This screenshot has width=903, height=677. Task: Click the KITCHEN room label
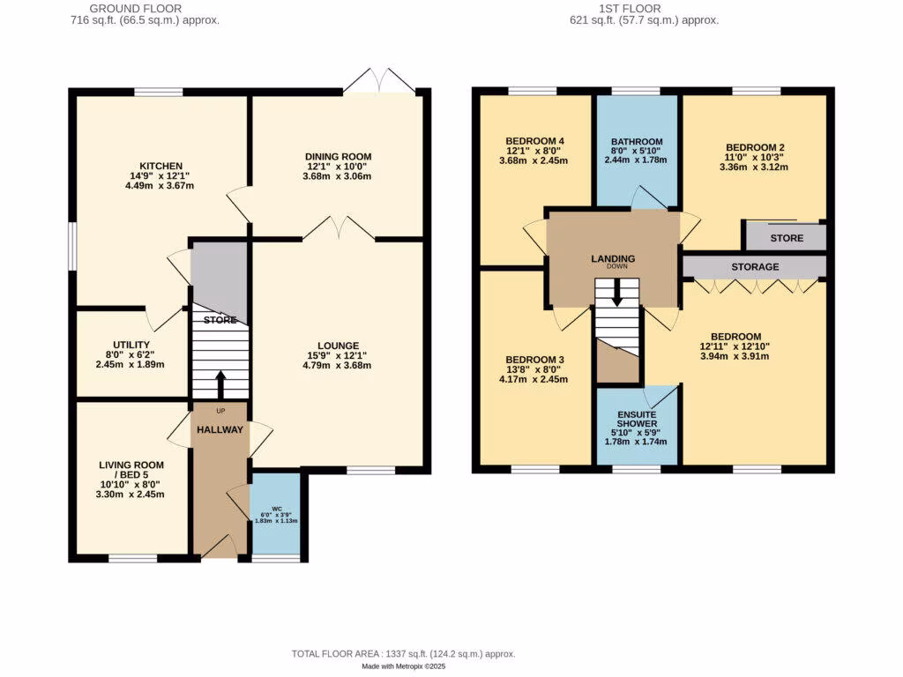pyautogui.click(x=160, y=166)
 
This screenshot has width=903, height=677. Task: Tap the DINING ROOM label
pyautogui.click(x=334, y=156)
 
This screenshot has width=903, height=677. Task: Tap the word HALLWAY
pyautogui.click(x=220, y=429)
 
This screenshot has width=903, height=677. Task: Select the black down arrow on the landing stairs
pyautogui.click(x=617, y=293)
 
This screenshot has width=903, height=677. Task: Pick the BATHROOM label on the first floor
pyautogui.click(x=636, y=142)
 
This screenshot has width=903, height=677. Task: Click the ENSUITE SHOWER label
pyautogui.click(x=636, y=418)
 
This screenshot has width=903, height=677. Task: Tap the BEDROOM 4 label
pyautogui.click(x=534, y=141)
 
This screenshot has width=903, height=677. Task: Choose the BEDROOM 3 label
pyautogui.click(x=534, y=360)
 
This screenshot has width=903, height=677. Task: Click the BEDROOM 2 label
pyautogui.click(x=754, y=147)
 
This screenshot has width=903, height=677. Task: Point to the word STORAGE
pyautogui.click(x=754, y=267)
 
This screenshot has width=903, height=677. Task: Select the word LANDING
pyautogui.click(x=613, y=258)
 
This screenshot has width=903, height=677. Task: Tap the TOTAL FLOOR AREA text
pyautogui.click(x=403, y=654)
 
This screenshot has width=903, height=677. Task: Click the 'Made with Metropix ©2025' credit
pyautogui.click(x=403, y=666)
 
